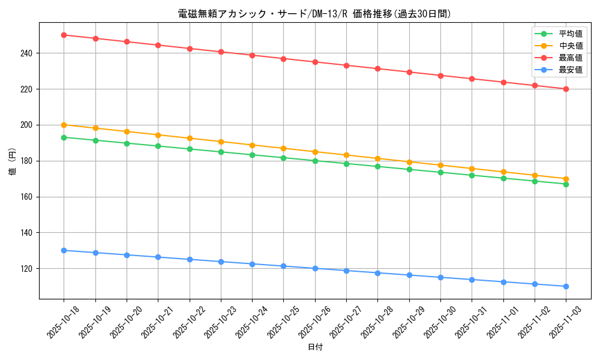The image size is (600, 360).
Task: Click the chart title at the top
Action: pyautogui.click(x=314, y=14)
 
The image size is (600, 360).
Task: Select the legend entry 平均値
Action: pyautogui.click(x=570, y=34)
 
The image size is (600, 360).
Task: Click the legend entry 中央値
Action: pyautogui.click(x=570, y=46)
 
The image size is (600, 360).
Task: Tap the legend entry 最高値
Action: pyautogui.click(x=570, y=58)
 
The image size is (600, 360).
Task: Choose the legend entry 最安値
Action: pyautogui.click(x=570, y=70)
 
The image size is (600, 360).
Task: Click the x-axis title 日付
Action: pyautogui.click(x=315, y=347)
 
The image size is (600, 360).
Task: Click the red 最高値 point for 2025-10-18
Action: pyautogui.click(x=64, y=35)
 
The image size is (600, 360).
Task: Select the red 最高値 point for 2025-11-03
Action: pyautogui.click(x=566, y=89)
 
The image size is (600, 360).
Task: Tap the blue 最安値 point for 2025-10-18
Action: pyautogui.click(x=64, y=250)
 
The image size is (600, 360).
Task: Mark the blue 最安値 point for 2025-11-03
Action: pyautogui.click(x=566, y=286)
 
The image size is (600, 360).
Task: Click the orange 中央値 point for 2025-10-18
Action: pyautogui.click(x=64, y=125)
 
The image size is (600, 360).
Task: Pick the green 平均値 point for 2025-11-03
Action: pyautogui.click(x=566, y=184)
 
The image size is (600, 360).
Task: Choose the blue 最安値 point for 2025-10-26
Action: pyautogui.click(x=315, y=268)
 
